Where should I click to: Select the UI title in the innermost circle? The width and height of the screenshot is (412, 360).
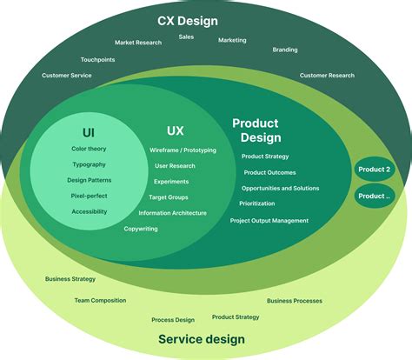[x=89, y=132]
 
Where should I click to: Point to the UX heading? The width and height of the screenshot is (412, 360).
[x=176, y=131]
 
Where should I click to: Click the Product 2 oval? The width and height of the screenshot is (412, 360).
[x=374, y=170]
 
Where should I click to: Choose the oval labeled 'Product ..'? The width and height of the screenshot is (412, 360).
[x=374, y=197]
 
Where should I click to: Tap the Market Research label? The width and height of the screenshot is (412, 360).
[x=138, y=43]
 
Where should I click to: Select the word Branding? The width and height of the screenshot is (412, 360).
[x=285, y=50]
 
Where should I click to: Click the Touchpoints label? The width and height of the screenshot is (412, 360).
[x=99, y=60]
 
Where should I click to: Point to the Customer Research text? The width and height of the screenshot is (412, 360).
[x=327, y=76]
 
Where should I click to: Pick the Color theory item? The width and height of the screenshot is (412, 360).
[x=89, y=149]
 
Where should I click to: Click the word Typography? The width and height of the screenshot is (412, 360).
[x=89, y=164]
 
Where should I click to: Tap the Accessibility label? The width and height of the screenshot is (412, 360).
[x=89, y=211]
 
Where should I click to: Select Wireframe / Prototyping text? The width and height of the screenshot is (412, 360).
[x=183, y=150]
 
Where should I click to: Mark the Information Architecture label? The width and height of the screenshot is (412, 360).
[x=172, y=213]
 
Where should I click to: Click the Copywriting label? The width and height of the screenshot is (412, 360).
[x=141, y=229]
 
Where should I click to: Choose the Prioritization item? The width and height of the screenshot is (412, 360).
[x=257, y=203]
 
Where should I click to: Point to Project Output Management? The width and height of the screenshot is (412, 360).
[x=269, y=221]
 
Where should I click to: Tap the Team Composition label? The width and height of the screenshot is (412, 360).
[x=100, y=301]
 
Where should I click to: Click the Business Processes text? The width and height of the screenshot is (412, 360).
[x=295, y=301]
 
